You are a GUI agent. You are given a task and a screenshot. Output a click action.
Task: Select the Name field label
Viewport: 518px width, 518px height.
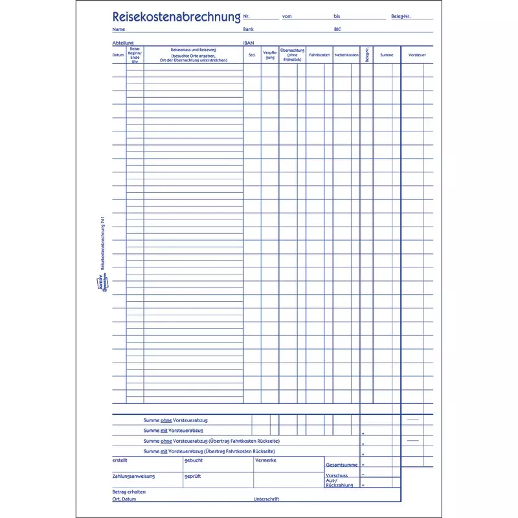118,30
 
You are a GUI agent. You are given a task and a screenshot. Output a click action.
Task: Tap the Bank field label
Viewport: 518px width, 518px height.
249,30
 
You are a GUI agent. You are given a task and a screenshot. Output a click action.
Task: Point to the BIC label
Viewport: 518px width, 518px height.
337,30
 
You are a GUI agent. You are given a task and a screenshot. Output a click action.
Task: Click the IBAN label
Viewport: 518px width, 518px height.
249,43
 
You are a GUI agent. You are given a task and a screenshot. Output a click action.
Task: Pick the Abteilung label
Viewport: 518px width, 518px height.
122,43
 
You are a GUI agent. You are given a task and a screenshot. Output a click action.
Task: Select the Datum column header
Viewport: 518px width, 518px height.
118,55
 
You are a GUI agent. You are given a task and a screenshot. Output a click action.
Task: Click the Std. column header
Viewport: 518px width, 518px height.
252,55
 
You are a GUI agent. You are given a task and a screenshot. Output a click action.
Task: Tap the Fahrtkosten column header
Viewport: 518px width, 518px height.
319,55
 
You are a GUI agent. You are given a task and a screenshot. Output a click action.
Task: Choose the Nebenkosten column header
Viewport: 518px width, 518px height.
346,55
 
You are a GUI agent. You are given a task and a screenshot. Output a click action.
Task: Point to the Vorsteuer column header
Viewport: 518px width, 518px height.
417,55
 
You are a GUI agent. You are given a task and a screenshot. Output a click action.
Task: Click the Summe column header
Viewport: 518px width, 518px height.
387,55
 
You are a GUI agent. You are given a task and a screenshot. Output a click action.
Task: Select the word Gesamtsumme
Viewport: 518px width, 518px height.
341,465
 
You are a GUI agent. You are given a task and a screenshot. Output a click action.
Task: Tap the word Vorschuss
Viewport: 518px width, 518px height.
337,475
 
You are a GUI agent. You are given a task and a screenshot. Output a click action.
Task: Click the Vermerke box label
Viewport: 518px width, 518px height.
266,460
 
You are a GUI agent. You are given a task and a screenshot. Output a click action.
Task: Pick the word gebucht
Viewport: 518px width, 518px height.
194,460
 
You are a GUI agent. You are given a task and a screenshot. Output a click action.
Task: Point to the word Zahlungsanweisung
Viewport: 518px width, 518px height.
133,476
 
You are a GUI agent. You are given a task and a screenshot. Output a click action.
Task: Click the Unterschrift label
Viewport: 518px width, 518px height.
267,499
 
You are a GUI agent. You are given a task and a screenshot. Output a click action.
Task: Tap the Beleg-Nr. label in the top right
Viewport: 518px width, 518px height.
401,16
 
